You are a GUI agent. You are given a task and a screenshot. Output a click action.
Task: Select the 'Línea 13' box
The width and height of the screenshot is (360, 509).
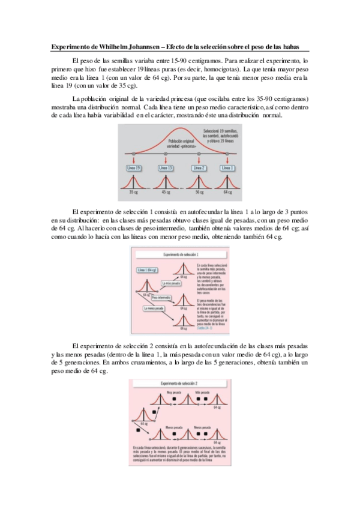166,169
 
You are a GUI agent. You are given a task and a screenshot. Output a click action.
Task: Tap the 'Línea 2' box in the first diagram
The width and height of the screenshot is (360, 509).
200,169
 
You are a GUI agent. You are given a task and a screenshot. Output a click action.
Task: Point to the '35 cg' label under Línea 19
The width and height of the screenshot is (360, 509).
133,192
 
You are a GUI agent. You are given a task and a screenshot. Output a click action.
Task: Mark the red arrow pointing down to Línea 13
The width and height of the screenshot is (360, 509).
166,160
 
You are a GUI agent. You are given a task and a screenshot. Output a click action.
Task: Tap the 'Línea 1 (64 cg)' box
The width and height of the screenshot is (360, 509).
147,270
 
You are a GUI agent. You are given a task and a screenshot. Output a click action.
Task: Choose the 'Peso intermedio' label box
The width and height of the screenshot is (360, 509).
161,297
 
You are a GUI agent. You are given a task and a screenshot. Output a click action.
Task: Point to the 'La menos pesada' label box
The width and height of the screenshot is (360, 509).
154,309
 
